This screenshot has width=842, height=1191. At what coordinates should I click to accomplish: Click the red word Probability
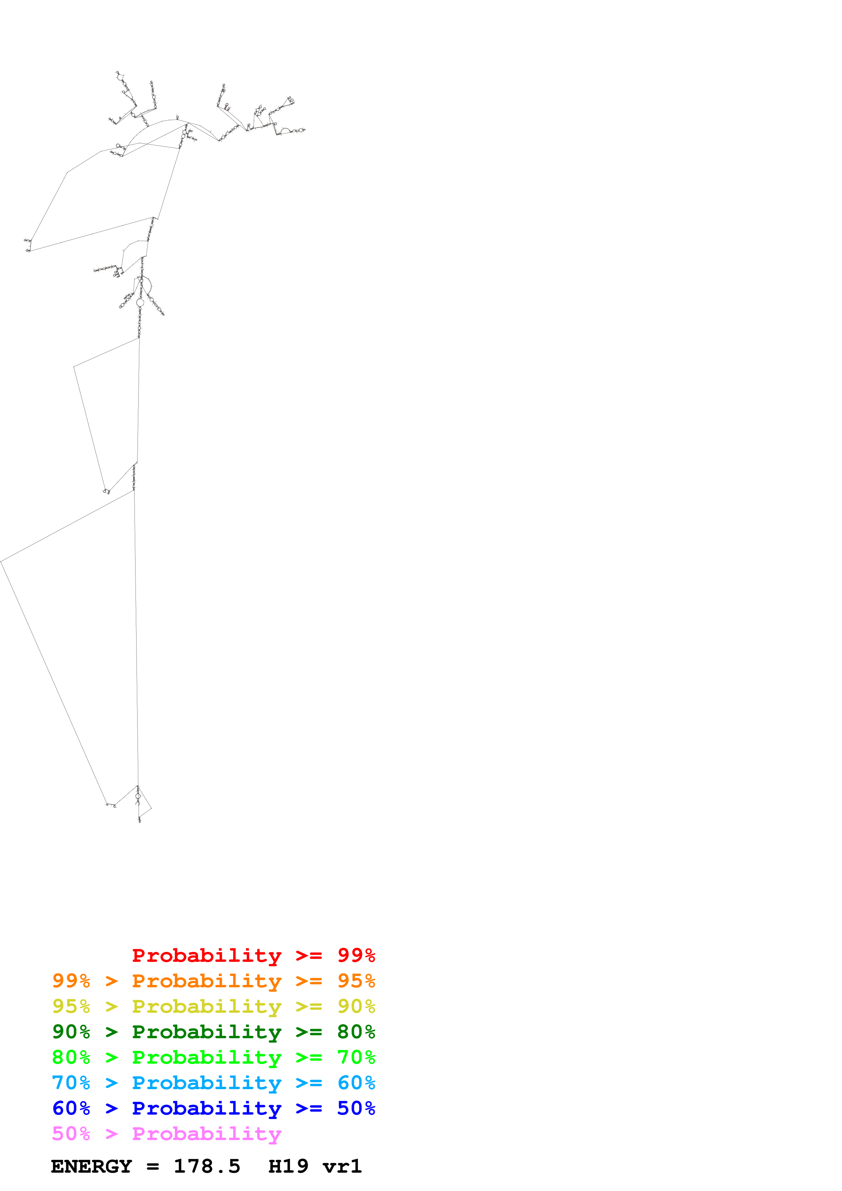(207, 955)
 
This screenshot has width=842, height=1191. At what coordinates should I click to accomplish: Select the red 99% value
(356, 955)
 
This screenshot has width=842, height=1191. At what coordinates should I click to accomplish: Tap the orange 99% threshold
(71, 981)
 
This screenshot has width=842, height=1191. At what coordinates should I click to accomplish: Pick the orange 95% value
(356, 981)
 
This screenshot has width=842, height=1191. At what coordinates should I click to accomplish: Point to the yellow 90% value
(356, 1006)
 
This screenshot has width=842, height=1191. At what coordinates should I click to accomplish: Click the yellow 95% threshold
(71, 1006)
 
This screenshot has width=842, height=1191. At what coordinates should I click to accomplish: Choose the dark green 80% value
(356, 1032)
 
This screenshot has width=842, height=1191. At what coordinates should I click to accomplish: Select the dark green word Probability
(207, 1032)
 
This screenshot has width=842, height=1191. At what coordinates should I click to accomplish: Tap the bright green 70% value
(356, 1057)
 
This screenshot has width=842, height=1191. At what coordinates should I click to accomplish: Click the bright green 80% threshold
(71, 1057)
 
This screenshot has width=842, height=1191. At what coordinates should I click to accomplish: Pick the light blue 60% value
(356, 1083)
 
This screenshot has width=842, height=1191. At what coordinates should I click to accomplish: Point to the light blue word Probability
(207, 1083)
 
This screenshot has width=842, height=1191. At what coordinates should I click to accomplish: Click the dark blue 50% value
(356, 1108)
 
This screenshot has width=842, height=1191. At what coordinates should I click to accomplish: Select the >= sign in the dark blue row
(309, 1108)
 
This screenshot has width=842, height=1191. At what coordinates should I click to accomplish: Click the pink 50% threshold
(71, 1133)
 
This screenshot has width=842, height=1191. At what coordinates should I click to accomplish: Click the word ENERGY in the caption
(91, 1167)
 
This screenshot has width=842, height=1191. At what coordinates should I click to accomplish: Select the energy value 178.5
(207, 1167)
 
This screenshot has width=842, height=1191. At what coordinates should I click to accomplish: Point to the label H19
(288, 1167)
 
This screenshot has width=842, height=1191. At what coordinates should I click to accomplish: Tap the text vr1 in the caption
(342, 1167)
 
